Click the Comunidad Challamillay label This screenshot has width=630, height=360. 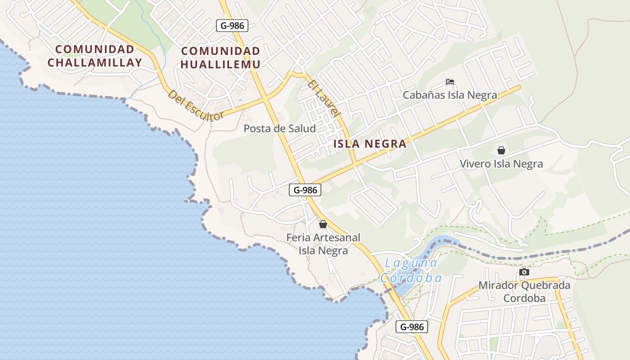click(94, 56)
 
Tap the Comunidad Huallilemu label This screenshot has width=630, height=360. click(220, 58)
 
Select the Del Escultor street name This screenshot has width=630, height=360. click(195, 105)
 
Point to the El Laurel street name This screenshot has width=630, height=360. click(324, 99)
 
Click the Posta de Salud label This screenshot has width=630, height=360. click(279, 128)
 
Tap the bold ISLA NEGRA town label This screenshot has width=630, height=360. click(370, 144)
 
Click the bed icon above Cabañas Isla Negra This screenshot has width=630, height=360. click(450, 82)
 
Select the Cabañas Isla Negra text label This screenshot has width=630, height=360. click(450, 95)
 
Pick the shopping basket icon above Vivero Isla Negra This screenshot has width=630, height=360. click(501, 150)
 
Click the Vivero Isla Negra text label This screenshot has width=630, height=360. click(501, 164)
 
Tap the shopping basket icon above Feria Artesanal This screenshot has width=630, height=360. click(323, 224)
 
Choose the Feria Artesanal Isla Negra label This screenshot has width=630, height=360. click(324, 243)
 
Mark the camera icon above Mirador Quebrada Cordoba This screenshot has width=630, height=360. click(524, 272)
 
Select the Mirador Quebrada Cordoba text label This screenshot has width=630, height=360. click(524, 292)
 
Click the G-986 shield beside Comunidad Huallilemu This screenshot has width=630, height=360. click(232, 26)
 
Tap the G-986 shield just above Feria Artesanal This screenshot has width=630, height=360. click(305, 190)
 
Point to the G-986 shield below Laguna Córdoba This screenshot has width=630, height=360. click(412, 327)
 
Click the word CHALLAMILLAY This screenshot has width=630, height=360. click(94, 63)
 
